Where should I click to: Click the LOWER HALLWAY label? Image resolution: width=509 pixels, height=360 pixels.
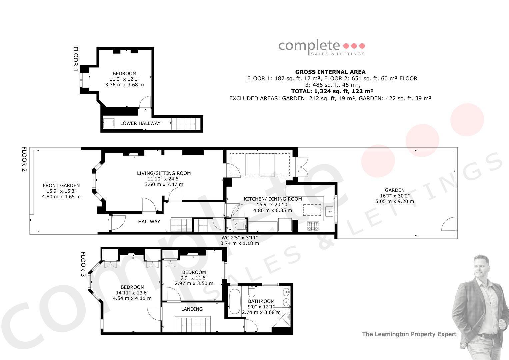[x=140, y=123]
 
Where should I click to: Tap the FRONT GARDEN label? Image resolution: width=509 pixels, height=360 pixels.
[x=61, y=185]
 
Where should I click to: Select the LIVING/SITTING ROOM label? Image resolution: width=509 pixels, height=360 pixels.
[x=164, y=173]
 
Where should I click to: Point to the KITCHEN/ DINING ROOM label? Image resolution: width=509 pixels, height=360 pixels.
[x=273, y=199]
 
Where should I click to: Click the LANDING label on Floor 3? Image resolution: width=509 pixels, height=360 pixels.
[x=192, y=309]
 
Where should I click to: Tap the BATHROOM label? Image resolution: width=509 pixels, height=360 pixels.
[x=261, y=301]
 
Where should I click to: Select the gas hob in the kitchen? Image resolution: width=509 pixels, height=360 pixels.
[x=313, y=226]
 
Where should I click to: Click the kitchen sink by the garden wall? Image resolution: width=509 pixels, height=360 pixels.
[x=330, y=211]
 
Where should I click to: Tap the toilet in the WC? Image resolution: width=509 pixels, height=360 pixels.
[x=240, y=226]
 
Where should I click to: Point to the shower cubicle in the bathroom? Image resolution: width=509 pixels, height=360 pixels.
[x=282, y=317]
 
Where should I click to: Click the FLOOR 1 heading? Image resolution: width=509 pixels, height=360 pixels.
[x=76, y=59]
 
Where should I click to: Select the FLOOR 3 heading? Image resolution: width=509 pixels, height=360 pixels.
[x=83, y=264]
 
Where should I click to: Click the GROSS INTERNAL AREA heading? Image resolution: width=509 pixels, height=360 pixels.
[x=330, y=72]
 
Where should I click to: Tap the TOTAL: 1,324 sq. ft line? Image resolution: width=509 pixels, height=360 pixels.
[x=332, y=91]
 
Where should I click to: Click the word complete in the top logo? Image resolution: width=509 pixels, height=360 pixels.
[x=309, y=46]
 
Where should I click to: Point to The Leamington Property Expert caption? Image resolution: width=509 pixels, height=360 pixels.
[x=409, y=334]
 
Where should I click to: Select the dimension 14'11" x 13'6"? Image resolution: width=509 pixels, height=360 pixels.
[x=132, y=293]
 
